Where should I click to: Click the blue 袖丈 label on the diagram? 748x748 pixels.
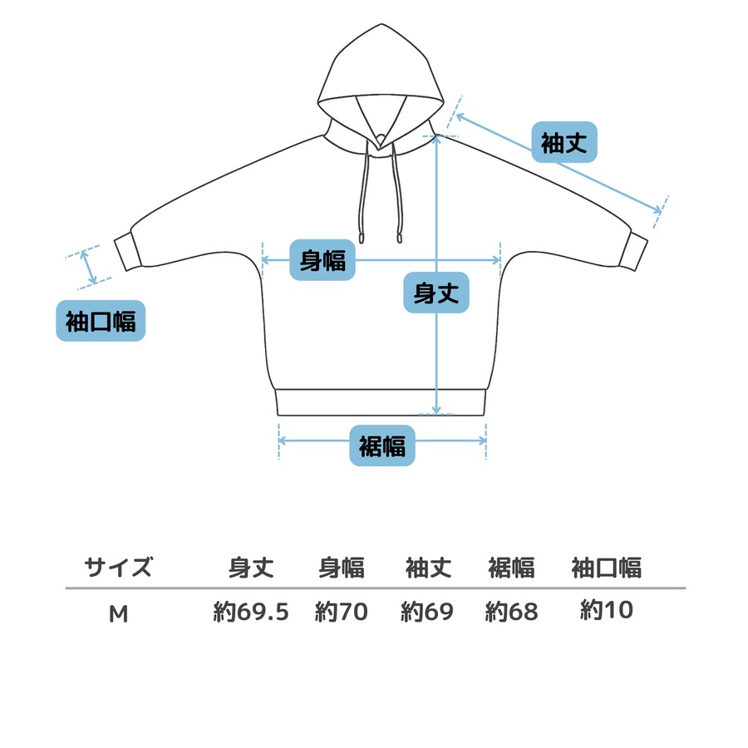click(x=564, y=142)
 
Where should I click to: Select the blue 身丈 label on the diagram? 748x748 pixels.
click(x=436, y=293)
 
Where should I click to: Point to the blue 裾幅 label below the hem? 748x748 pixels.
click(x=382, y=446)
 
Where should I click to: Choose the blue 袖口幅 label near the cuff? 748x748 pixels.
click(x=101, y=321)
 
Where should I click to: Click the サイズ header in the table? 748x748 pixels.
click(x=119, y=568)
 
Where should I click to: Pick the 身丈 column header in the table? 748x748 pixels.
click(x=251, y=568)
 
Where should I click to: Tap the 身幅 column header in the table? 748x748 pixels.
click(x=342, y=568)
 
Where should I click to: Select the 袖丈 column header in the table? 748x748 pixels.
click(x=428, y=568)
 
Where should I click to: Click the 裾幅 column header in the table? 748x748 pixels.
click(x=511, y=568)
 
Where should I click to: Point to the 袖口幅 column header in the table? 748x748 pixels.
click(x=607, y=568)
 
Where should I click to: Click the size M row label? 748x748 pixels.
click(x=119, y=613)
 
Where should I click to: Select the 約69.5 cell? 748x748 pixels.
click(x=251, y=613)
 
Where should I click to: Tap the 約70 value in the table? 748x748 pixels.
click(x=342, y=613)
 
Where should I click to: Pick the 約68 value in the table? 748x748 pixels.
click(x=511, y=613)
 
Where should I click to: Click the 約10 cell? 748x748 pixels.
click(x=607, y=611)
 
